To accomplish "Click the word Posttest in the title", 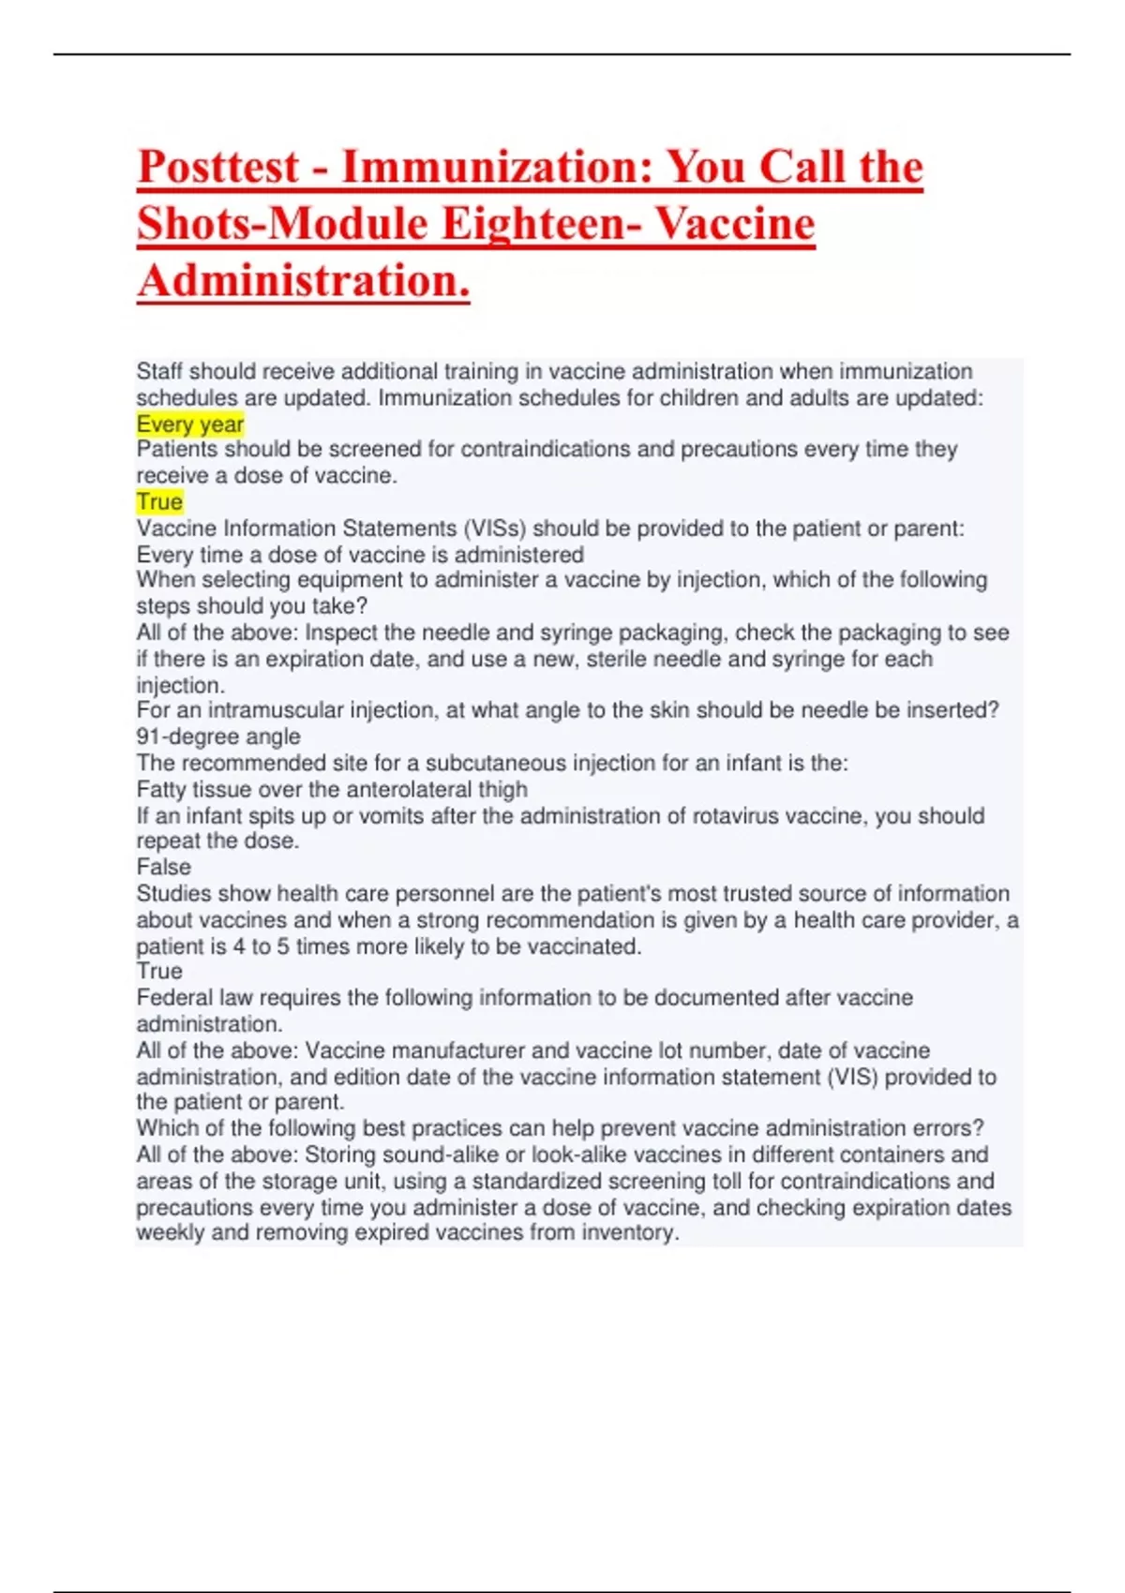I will tap(218, 168).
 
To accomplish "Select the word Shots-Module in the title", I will tap(282, 225).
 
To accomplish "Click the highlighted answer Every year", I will tap(190, 424).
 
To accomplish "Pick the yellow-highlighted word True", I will tap(159, 502).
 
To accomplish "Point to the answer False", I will tap(163, 867).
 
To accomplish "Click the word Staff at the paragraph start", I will tap(160, 372).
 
